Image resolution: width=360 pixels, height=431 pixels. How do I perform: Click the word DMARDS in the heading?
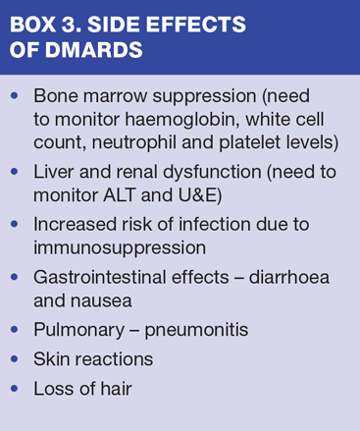tap(93, 50)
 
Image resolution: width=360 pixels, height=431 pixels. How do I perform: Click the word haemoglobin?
tap(180, 119)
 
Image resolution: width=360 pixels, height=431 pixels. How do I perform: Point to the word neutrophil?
tap(134, 142)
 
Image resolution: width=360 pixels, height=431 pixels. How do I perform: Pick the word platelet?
tap(250, 142)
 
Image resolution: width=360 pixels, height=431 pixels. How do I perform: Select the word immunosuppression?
tap(120, 248)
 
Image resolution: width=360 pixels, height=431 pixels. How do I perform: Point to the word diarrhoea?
tap(289, 277)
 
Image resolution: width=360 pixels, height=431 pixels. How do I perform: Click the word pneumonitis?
tap(196, 330)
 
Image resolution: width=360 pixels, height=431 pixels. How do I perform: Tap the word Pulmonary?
tap(79, 330)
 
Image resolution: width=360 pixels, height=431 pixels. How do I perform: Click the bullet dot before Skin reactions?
tap(15, 359)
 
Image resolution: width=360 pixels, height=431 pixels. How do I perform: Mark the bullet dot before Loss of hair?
tap(15, 389)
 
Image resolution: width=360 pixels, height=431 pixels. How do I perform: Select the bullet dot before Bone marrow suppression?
tap(15, 95)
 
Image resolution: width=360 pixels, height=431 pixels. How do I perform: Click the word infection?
tap(215, 225)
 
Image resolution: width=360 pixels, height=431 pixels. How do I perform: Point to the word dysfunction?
tap(212, 172)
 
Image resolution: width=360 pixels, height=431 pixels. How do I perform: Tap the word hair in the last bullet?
tap(116, 389)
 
